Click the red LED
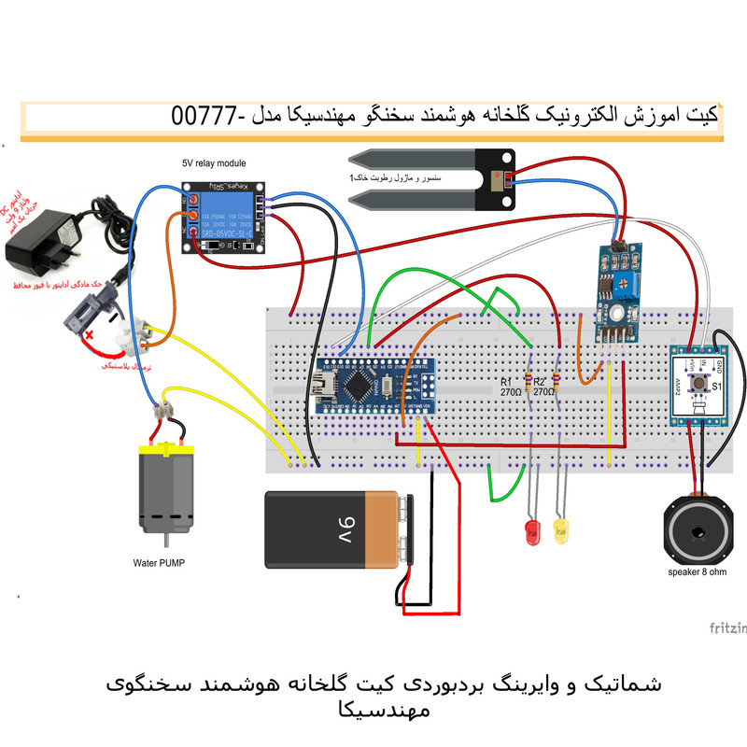533,533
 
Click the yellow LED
561,532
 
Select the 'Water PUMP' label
161,564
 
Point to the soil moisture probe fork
420,177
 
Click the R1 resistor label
505,383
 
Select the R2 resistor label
543,383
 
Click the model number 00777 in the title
200,117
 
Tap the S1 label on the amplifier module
717,385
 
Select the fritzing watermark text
727,627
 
